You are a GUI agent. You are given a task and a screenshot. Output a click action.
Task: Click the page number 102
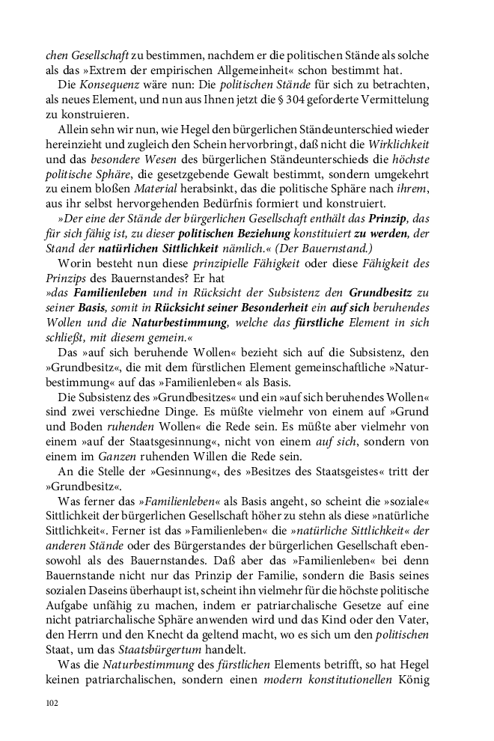52,703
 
